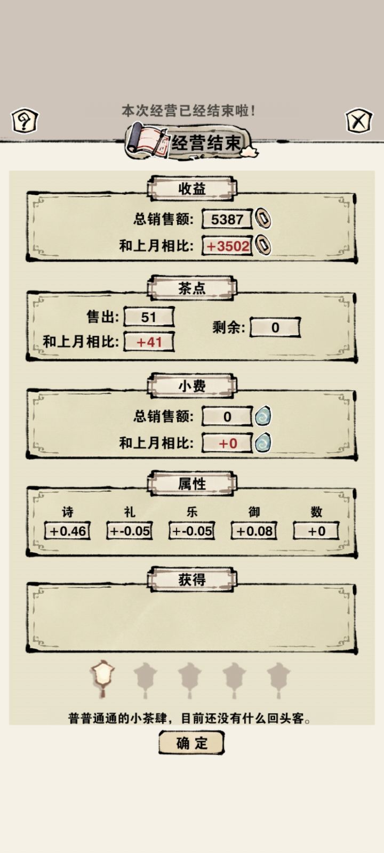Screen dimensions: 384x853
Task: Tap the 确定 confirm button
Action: [191, 743]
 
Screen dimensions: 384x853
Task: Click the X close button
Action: [359, 121]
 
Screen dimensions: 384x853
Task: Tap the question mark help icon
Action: [25, 121]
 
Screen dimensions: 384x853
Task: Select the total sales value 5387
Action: [227, 219]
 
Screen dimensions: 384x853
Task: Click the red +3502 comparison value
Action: [227, 246]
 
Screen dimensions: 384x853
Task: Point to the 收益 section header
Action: [192, 189]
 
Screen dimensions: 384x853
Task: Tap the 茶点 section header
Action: [192, 288]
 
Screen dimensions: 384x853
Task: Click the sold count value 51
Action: [149, 317]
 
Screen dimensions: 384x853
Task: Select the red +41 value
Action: [149, 342]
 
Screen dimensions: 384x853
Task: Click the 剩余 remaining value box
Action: [275, 327]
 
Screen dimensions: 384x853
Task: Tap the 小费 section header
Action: [192, 386]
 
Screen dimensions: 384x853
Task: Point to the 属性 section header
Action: [192, 484]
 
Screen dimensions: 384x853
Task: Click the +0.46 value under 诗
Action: [67, 531]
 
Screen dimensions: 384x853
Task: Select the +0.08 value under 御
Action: [254, 531]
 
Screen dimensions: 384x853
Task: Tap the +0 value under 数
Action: [316, 531]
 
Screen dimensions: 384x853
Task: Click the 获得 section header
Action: [192, 579]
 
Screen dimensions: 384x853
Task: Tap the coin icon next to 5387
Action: [263, 219]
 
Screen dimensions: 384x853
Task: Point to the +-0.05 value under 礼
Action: [130, 531]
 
